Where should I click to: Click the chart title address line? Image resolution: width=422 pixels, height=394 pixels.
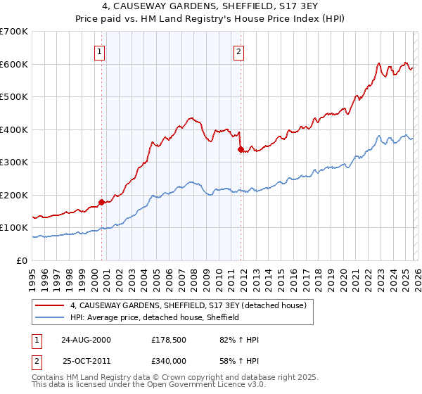[211, 7]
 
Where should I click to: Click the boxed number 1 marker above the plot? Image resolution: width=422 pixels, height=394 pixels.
[100, 51]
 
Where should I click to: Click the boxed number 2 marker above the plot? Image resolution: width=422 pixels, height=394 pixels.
[239, 51]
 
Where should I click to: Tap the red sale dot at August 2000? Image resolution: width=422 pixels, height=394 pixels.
[102, 202]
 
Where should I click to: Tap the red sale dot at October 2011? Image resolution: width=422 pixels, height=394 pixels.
[241, 149]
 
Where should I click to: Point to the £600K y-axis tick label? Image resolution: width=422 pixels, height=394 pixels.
[14, 64]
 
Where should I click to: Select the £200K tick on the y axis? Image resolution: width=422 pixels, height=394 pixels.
[14, 195]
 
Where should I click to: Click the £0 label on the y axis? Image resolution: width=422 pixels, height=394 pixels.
[23, 260]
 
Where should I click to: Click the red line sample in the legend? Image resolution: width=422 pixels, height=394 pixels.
[51, 306]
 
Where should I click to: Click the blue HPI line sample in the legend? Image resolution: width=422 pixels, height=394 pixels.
[51, 317]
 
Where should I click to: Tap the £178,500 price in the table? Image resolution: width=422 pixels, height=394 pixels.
[167, 340]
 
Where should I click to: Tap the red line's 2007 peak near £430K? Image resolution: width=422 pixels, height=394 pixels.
[190, 118]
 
